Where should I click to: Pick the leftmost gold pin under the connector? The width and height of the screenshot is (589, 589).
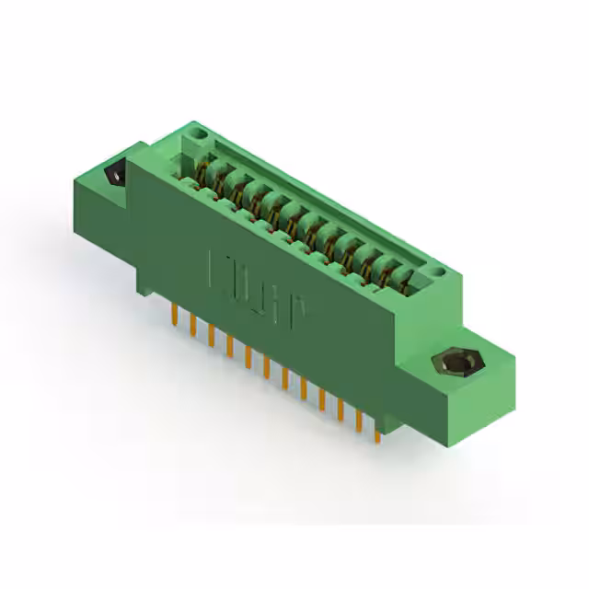click(x=174, y=316)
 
